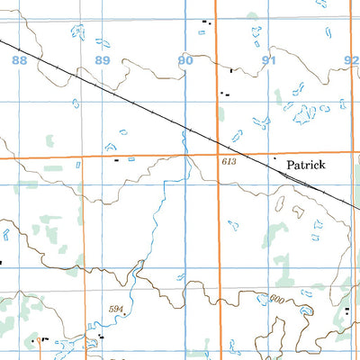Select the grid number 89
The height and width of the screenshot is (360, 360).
(x=102, y=60)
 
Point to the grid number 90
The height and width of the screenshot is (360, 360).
(x=184, y=60)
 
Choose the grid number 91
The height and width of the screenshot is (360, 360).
(x=268, y=60)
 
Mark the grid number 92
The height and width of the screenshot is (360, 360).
(x=351, y=60)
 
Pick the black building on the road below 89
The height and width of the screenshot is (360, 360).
(x=116, y=159)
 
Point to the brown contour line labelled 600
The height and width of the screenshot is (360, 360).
(x=252, y=293)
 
